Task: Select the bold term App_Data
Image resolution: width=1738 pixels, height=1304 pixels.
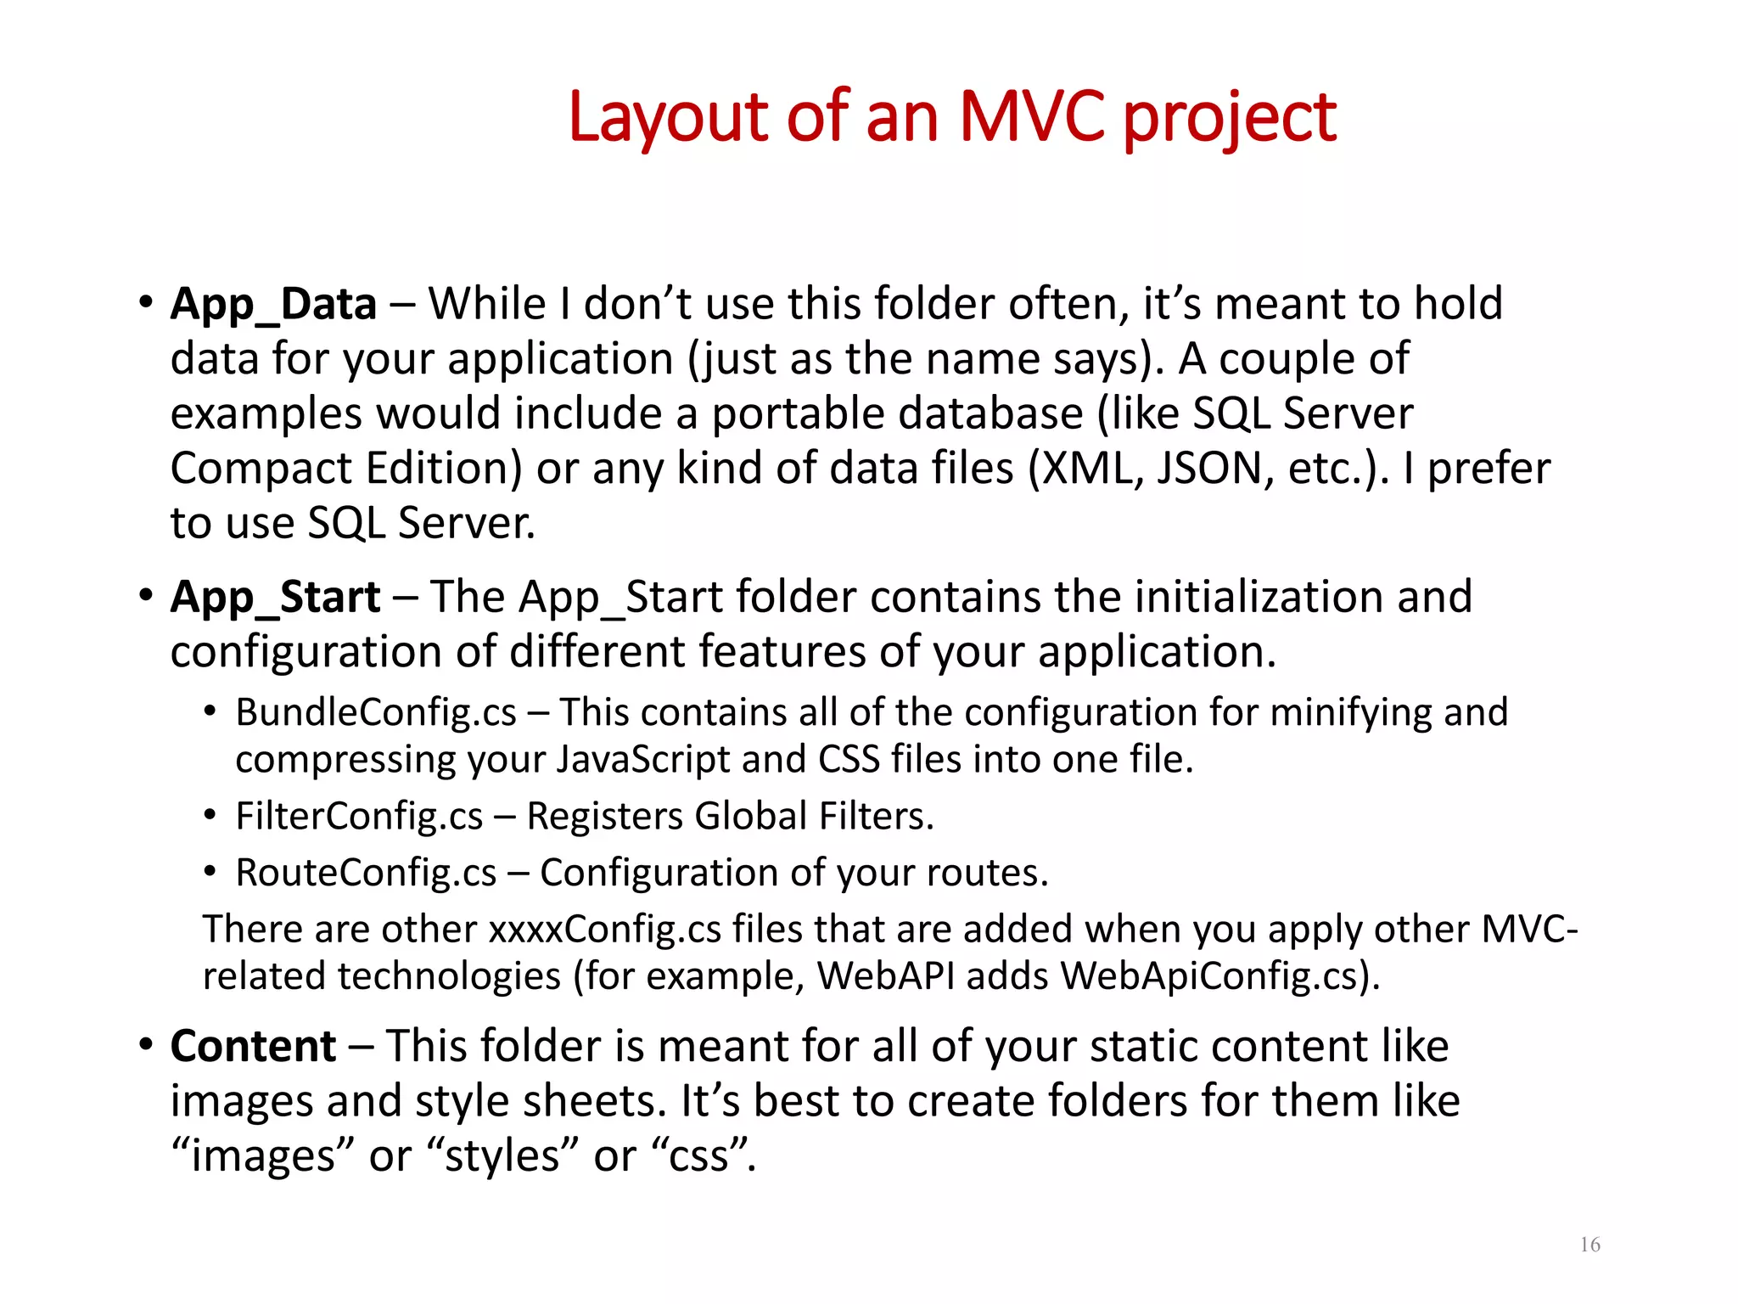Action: tap(273, 304)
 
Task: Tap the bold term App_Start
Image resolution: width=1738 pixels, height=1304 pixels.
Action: tap(275, 597)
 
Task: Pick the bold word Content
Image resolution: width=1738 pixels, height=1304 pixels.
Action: tap(253, 1046)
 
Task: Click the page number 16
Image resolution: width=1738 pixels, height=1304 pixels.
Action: tap(1589, 1245)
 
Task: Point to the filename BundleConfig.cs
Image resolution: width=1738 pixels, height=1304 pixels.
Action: tap(375, 712)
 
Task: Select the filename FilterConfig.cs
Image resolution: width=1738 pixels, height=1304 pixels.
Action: tap(359, 816)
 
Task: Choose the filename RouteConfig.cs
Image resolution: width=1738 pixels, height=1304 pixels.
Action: tap(366, 873)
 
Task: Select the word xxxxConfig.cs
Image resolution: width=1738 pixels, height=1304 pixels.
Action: tap(604, 929)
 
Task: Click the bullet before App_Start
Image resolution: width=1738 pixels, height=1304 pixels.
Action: tap(146, 595)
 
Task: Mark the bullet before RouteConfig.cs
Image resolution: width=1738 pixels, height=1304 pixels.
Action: tap(210, 872)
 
